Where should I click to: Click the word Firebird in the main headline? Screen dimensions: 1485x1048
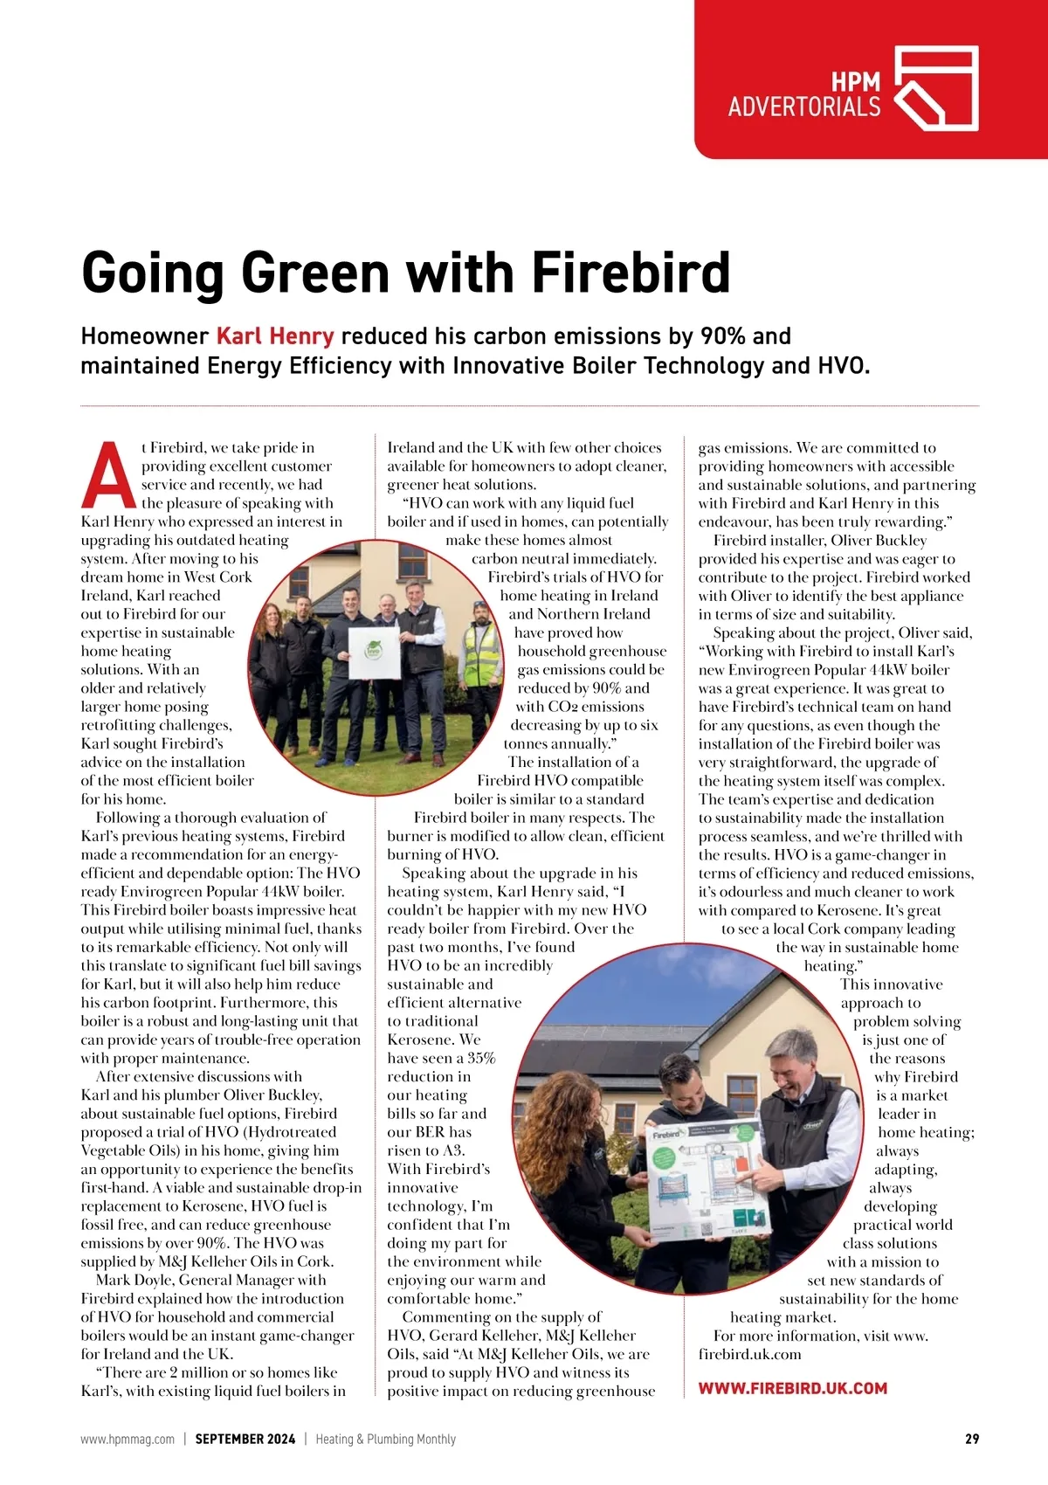[631, 273]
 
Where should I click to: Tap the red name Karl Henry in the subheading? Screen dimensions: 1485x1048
[274, 336]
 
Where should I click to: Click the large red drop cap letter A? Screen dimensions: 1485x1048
[109, 476]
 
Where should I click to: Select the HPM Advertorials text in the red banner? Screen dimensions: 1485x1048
[804, 95]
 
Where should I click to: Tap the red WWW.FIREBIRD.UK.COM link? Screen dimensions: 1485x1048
[792, 1388]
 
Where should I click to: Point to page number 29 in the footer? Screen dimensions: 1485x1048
[971, 1439]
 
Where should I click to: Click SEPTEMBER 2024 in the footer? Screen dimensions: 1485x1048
[245, 1439]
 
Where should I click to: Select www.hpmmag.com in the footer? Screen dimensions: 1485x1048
[128, 1439]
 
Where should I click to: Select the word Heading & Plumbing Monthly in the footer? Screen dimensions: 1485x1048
[385, 1439]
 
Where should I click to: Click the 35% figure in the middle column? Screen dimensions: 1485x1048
[481, 1058]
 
